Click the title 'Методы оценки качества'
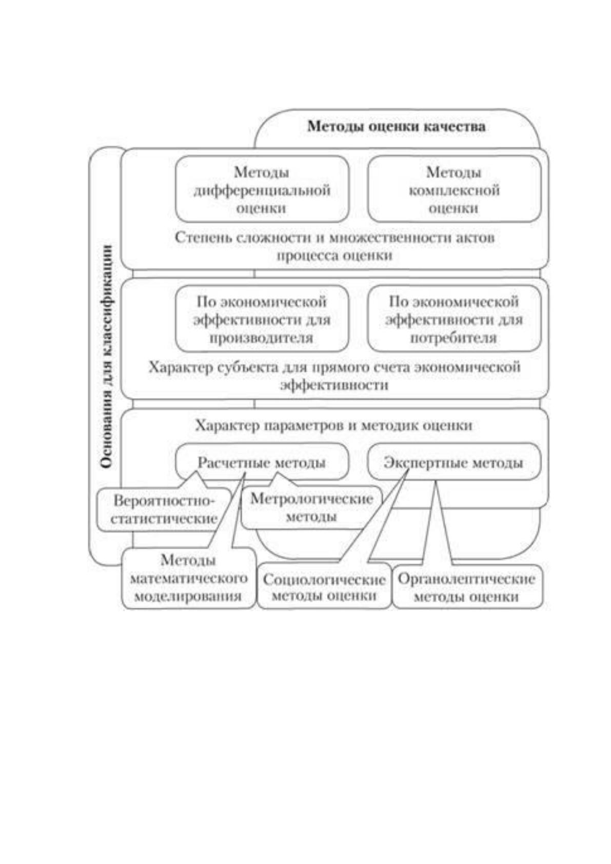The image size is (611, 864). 396,126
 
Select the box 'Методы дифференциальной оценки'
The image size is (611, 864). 262,189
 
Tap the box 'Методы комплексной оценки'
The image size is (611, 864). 454,189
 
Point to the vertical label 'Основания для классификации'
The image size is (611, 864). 107,356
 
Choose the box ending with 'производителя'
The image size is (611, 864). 262,319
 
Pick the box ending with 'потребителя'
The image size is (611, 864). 454,319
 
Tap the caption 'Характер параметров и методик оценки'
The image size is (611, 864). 333,425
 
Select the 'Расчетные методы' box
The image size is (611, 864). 262,462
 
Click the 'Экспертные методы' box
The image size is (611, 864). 454,462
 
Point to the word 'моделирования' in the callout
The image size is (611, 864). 188,597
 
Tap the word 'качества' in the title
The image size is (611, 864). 455,126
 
